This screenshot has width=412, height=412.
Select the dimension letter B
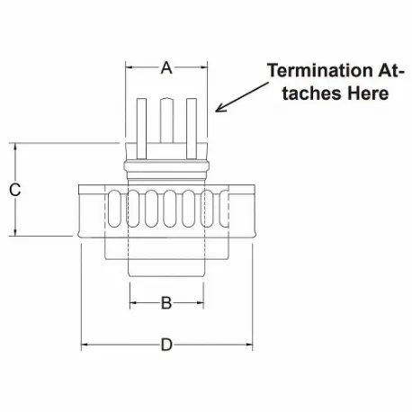pos(166,303)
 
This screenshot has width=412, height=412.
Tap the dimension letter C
pos(14,190)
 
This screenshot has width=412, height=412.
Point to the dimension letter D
pos(166,344)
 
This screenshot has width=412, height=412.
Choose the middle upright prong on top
pos(166,122)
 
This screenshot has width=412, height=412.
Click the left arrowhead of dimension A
pos(129,67)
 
